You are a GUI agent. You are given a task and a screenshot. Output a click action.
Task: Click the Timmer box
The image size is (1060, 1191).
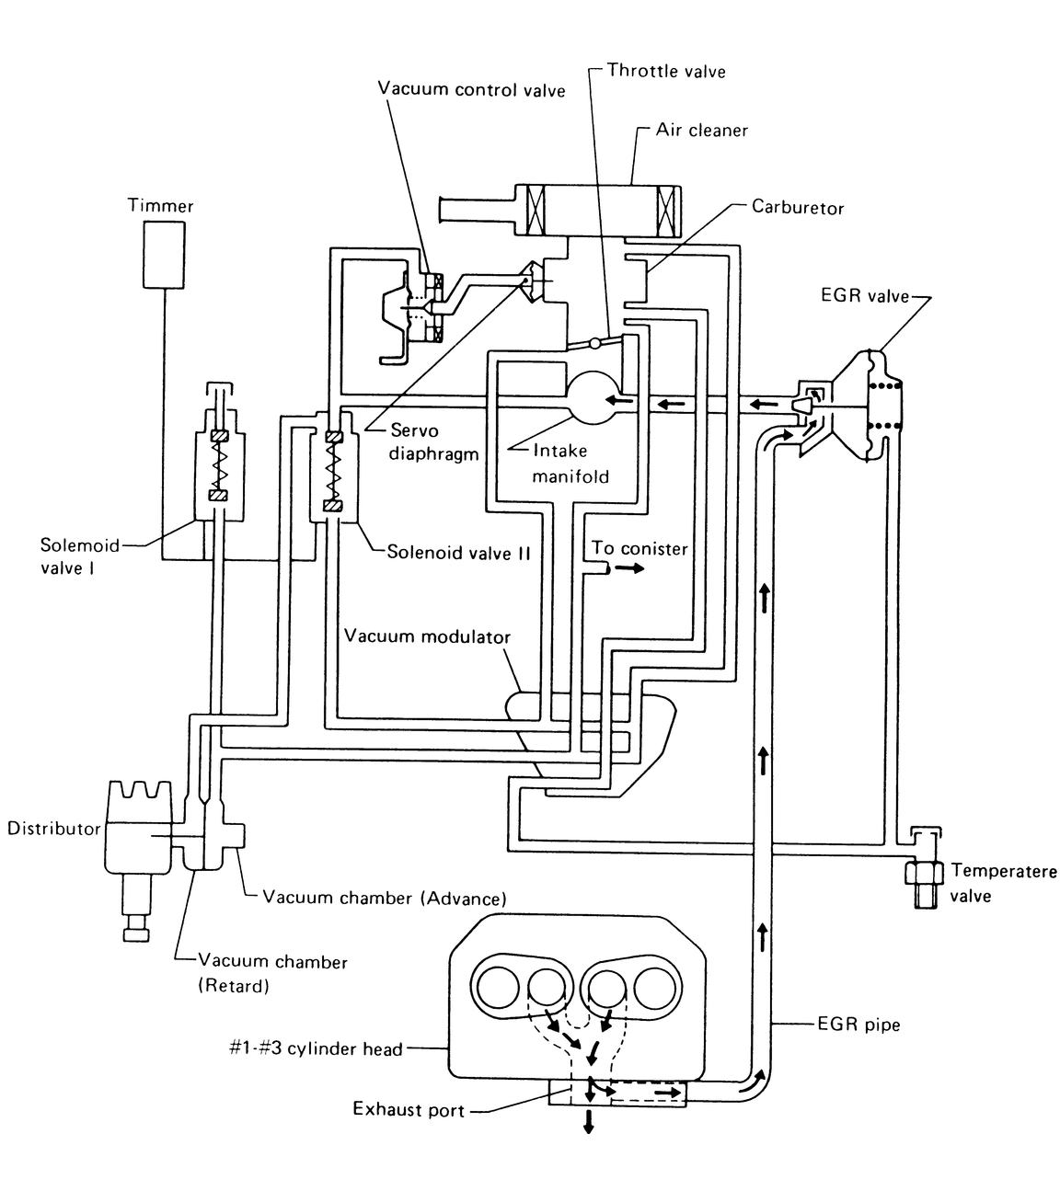click(164, 255)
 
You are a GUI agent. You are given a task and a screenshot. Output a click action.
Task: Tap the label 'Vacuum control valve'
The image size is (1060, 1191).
click(471, 89)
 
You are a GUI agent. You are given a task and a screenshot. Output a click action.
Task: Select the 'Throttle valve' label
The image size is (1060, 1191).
click(666, 71)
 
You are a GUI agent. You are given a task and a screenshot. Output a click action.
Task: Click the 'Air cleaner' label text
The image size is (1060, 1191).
click(702, 130)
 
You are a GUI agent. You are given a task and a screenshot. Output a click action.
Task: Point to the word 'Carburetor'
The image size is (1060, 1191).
click(798, 208)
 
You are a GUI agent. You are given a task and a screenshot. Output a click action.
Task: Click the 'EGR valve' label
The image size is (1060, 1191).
click(865, 296)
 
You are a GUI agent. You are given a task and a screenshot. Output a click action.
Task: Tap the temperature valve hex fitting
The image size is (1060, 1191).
click(924, 873)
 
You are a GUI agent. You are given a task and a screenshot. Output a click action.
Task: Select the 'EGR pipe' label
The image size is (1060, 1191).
click(858, 1025)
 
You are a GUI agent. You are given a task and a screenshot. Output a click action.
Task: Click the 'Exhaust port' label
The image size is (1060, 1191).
click(409, 1109)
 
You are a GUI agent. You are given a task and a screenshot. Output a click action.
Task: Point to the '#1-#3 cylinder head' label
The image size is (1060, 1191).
click(316, 1048)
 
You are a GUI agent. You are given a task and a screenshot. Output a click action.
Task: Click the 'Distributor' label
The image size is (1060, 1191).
click(53, 829)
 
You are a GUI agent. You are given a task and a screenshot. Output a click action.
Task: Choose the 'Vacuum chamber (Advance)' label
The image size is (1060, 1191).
click(384, 898)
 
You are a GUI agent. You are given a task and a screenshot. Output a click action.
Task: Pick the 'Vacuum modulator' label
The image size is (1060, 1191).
click(427, 636)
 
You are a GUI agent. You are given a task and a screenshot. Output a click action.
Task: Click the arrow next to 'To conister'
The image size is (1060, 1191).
click(628, 568)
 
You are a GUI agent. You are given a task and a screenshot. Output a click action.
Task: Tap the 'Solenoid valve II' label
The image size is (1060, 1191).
click(458, 553)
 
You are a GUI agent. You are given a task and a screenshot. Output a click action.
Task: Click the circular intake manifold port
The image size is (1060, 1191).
click(593, 397)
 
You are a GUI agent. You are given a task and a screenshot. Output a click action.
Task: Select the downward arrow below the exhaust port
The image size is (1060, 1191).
click(588, 1122)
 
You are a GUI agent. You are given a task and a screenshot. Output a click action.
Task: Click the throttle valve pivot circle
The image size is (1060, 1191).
click(595, 343)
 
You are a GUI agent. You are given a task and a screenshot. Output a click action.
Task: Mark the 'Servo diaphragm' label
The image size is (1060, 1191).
click(433, 442)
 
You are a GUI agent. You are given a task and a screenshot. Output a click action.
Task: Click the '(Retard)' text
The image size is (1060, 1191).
click(234, 986)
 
